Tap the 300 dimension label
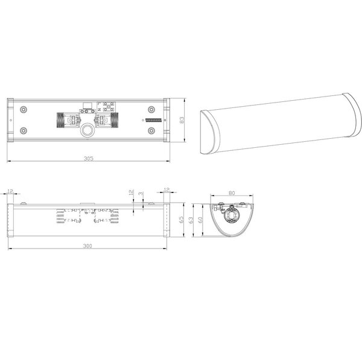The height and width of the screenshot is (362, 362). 88,247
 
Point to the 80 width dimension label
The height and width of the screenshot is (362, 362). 231,194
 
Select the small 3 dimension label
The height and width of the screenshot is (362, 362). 140,194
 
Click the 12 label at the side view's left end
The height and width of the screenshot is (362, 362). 11,191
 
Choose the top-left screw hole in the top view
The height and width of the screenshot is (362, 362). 23,110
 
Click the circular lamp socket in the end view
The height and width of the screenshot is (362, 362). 231,215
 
